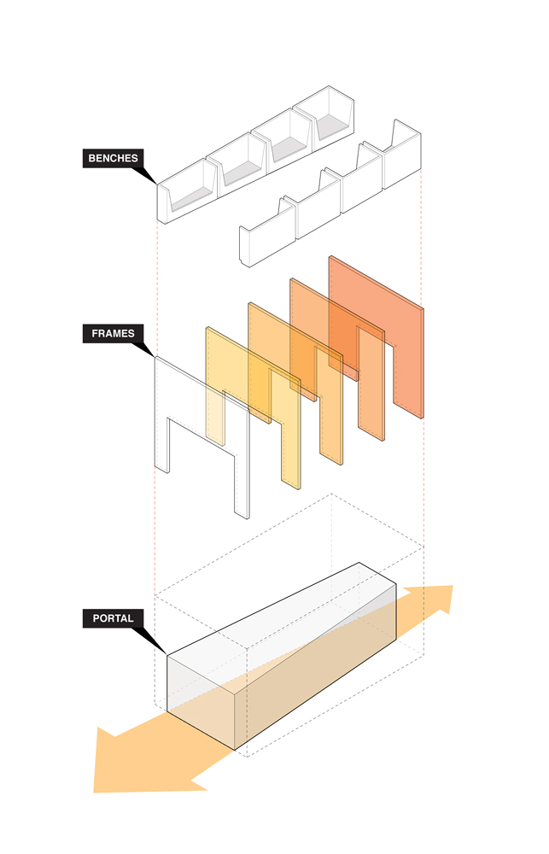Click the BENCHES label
114,159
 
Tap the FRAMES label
113,333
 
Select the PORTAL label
113,618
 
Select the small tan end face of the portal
201,703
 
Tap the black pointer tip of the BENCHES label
157,184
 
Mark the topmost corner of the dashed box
331,494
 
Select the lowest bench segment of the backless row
268,237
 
